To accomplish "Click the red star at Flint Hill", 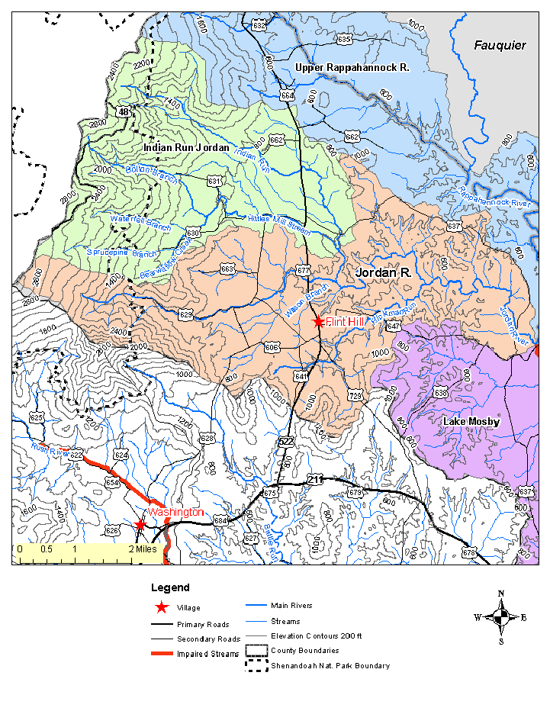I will point(318,322).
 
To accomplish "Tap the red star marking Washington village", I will point(140,525).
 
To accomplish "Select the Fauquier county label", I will point(500,46).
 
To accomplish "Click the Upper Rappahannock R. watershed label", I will point(352,69).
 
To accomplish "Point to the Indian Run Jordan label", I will point(186,147).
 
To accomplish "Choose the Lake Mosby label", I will point(471,422).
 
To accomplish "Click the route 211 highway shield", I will point(316,479).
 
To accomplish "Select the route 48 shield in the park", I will point(124,111).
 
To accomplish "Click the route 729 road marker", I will point(355,395).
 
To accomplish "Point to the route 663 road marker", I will point(227,269).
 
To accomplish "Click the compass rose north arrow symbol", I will point(500,618).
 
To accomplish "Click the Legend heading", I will point(169,588).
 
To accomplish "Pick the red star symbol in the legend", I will point(161,608).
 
